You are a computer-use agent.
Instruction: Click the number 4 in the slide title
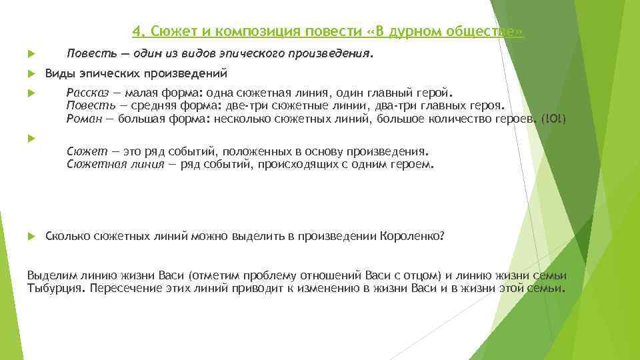(x=135, y=31)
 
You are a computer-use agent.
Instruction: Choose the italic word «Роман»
(x=84, y=119)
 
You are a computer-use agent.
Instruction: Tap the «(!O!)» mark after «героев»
(x=554, y=119)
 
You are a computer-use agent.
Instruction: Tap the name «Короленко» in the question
(x=411, y=237)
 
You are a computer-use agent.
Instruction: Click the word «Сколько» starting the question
(x=65, y=237)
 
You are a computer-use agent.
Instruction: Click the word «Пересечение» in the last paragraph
(x=125, y=289)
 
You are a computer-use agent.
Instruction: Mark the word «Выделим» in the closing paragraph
(x=49, y=277)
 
